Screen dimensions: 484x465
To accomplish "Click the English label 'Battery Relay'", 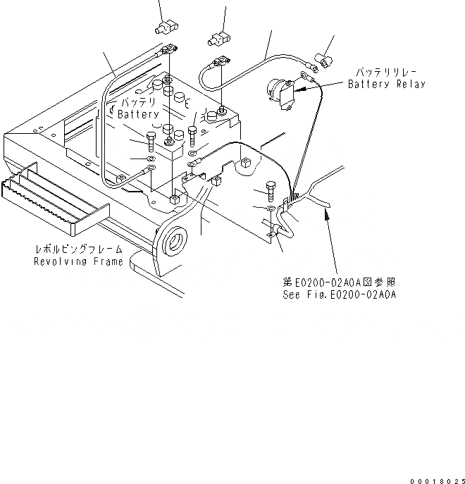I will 387,85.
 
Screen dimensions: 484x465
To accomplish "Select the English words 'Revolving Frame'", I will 78,261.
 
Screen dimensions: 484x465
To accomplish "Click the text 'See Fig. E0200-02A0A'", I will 338,295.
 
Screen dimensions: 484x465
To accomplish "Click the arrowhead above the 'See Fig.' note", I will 325,213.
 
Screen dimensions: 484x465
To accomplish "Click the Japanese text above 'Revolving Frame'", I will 79,249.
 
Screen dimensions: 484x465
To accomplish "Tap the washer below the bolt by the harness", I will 272,209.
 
